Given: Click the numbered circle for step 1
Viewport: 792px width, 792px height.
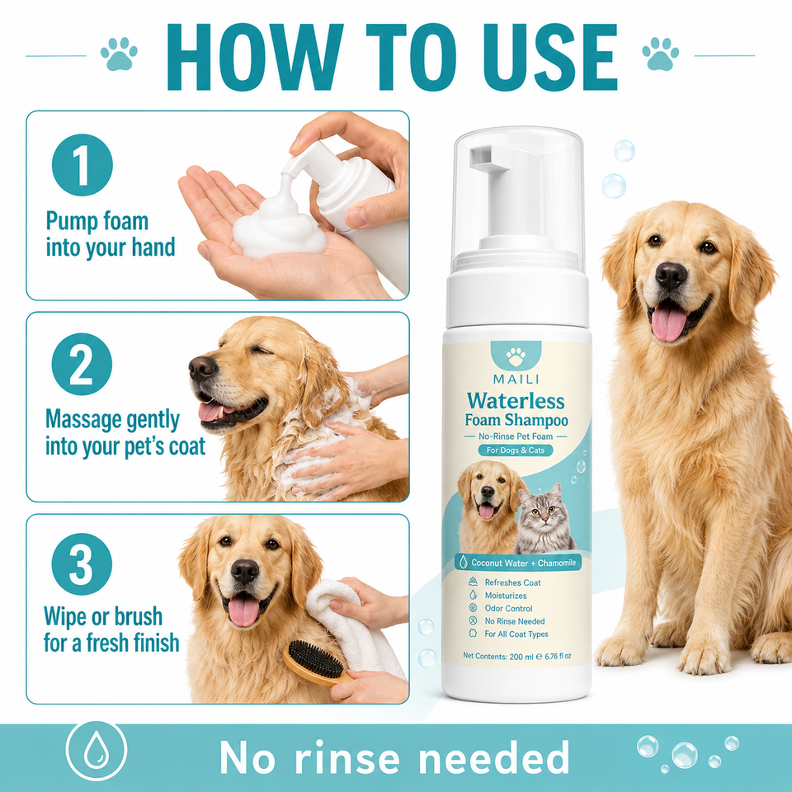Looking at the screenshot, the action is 82,165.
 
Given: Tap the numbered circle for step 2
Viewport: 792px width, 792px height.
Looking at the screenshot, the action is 82,364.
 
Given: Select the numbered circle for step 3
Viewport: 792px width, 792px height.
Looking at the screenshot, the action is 82,563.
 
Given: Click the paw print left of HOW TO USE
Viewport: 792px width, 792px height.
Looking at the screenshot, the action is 119,54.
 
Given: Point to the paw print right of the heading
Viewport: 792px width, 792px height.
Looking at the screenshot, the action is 660,54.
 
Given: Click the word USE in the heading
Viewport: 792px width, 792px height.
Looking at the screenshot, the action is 550,57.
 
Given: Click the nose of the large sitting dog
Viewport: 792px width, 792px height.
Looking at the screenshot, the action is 671,276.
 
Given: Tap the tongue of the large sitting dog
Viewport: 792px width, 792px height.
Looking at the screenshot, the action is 669,324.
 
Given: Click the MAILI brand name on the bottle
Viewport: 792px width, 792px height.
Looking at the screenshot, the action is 516,379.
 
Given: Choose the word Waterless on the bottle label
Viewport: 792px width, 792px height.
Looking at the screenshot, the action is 516,401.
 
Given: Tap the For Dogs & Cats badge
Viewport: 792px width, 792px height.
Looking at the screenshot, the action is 516,450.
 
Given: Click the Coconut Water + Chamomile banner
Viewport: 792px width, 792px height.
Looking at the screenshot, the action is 518,562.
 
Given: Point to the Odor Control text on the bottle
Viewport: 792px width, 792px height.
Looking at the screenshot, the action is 508,608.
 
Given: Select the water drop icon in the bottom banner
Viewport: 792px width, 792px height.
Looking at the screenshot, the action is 96,751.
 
